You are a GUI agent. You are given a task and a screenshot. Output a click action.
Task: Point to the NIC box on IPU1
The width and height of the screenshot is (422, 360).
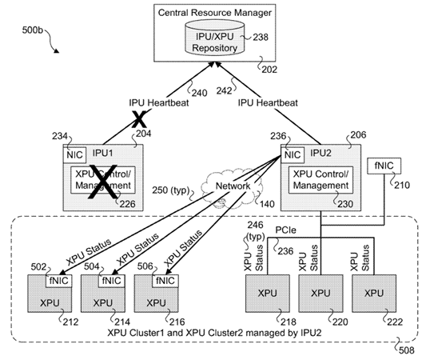(75, 154)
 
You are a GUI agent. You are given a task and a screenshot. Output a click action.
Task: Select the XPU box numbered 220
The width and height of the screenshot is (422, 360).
(319, 294)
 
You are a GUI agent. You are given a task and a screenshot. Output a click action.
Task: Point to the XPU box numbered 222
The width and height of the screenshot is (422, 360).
(374, 294)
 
